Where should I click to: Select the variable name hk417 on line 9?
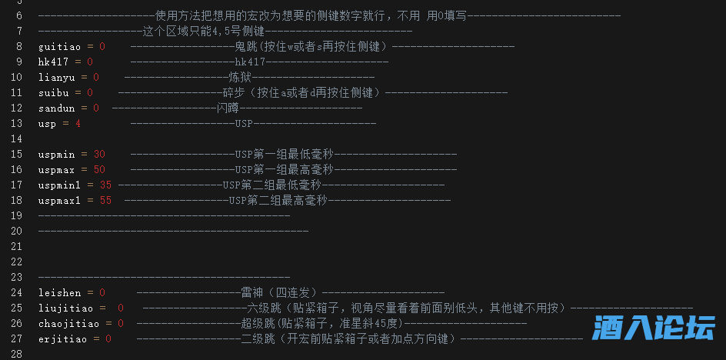pos(54,62)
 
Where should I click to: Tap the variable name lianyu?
pos(57,77)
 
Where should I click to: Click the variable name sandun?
pos(57,108)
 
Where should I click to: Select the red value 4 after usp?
pos(78,123)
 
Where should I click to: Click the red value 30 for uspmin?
pos(99,154)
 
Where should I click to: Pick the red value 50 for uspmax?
pos(99,169)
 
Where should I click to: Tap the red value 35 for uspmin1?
pos(105,185)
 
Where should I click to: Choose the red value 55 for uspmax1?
pos(105,200)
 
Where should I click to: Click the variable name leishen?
pos(60,292)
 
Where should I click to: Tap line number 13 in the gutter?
pos(17,123)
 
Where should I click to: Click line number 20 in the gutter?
pos(17,231)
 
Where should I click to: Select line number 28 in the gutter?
pos(17,354)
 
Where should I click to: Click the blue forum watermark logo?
pos(654,328)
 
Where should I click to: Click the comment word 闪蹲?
pos(228,108)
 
